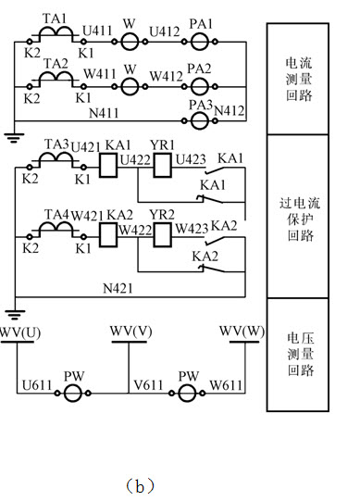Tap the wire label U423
(189, 158)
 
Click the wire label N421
(118, 289)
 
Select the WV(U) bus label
(19, 332)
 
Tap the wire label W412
(166, 77)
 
